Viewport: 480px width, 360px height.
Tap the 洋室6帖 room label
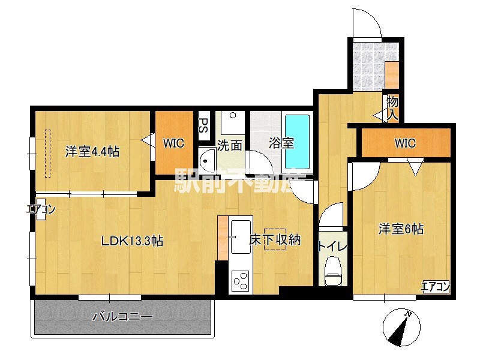tap(400, 229)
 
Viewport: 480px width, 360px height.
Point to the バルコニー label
tap(122, 316)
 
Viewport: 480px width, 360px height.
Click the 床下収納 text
tap(274, 240)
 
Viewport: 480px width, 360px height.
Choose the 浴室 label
tap(281, 143)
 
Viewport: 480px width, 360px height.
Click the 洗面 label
tap(229, 145)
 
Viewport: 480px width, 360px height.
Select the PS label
tap(203, 125)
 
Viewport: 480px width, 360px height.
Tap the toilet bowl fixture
tap(332, 270)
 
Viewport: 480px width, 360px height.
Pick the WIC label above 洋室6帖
tap(404, 143)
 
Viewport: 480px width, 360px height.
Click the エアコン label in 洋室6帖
tap(435, 286)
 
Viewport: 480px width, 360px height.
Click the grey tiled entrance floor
tap(367, 65)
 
